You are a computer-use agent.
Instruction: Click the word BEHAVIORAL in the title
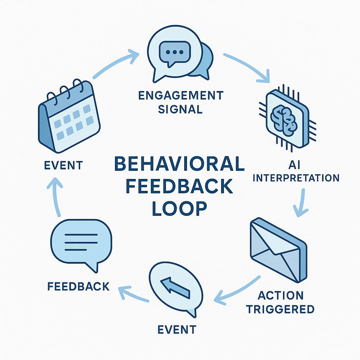point(179,165)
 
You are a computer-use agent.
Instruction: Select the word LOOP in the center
point(179,208)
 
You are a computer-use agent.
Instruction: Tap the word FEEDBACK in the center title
point(179,186)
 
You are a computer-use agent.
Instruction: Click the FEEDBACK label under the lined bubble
point(78,286)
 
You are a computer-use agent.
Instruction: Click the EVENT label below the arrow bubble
point(176,329)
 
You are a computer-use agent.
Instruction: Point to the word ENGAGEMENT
point(180,95)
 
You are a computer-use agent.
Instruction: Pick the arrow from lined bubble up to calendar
point(57,197)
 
